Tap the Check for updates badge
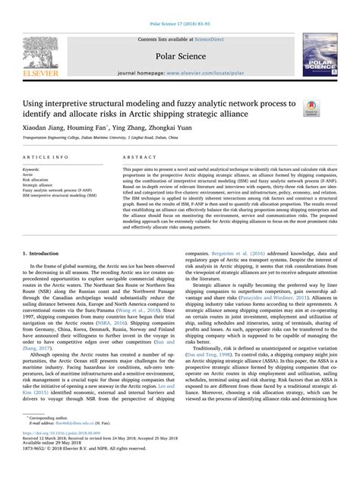311,110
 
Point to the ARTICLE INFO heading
55,156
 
